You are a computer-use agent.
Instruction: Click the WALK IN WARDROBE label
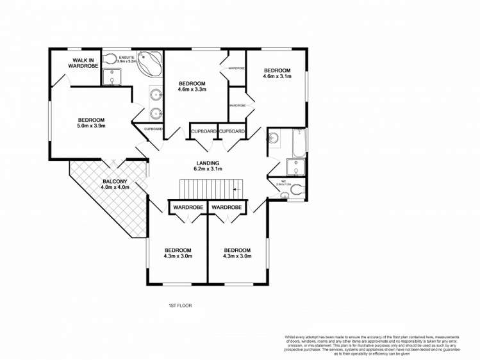tap(84, 63)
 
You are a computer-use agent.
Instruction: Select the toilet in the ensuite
tap(110, 60)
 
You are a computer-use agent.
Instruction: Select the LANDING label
tap(208, 163)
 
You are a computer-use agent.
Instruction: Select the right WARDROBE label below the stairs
tap(227, 208)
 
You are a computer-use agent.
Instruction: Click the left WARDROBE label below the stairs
tap(186, 208)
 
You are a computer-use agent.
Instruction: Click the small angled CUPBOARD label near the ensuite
tap(153, 129)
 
